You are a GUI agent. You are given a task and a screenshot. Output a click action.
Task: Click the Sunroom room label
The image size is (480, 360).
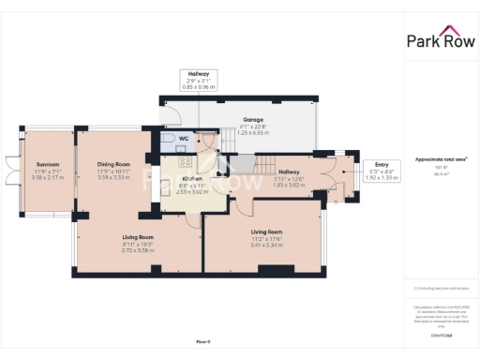coord(41,164)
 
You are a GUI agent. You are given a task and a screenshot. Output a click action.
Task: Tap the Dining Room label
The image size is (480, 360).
coord(113,164)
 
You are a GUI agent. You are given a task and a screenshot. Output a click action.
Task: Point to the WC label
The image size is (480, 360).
coord(185,140)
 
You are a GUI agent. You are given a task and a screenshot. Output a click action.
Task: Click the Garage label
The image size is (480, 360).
coord(253,120)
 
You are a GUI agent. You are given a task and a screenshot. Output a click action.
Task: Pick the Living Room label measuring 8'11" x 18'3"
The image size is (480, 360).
coord(137,237)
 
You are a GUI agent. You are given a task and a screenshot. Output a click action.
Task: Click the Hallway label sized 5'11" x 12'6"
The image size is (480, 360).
coord(289,172)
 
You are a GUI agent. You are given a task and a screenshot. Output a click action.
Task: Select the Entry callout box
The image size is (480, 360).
coord(382,170)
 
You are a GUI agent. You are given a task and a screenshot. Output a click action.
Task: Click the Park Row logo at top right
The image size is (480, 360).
coord(440,40)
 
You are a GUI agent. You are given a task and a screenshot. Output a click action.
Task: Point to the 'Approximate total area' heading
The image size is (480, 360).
coord(440,159)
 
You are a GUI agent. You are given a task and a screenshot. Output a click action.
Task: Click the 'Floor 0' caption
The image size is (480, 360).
coord(203,341)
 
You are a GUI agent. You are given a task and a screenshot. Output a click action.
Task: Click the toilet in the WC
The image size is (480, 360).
coord(166,142)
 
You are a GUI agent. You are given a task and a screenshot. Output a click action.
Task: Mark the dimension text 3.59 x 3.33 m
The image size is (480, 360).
coord(113,176)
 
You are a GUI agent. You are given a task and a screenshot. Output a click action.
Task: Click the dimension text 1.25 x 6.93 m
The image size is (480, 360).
coord(253,133)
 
